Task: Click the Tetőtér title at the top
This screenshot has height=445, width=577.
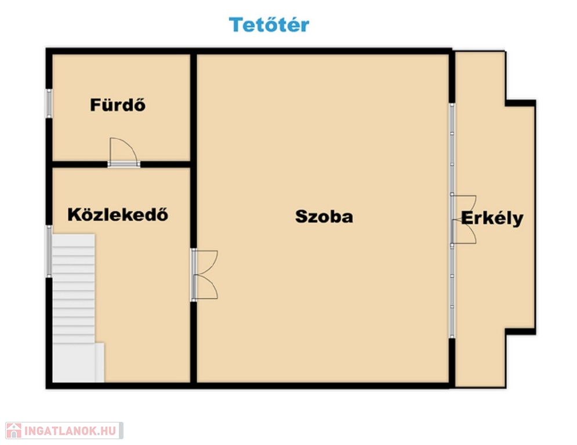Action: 269,25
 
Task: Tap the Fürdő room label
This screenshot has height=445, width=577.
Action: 118,105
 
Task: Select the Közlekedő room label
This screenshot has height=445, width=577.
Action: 118,214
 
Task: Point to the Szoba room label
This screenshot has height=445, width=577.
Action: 324,216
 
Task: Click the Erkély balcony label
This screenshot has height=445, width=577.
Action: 492,218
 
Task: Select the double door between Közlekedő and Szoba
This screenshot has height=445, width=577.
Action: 205,275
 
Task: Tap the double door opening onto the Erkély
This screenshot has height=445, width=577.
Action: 464,220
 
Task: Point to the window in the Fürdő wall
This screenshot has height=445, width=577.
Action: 49,103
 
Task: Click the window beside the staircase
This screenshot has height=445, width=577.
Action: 49,251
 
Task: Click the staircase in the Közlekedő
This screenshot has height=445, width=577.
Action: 74,289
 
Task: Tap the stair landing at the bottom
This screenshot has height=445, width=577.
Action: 78,363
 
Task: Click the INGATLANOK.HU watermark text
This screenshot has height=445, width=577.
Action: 70,431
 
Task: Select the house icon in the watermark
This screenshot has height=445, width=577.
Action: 14,431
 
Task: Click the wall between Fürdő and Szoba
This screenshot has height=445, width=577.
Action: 194,107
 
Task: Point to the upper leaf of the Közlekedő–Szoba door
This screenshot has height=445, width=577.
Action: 205,262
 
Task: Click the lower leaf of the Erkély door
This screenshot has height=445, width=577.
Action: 464,232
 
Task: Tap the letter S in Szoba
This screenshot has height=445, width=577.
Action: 302,216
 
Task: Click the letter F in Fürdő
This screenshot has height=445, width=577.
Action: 95,105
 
